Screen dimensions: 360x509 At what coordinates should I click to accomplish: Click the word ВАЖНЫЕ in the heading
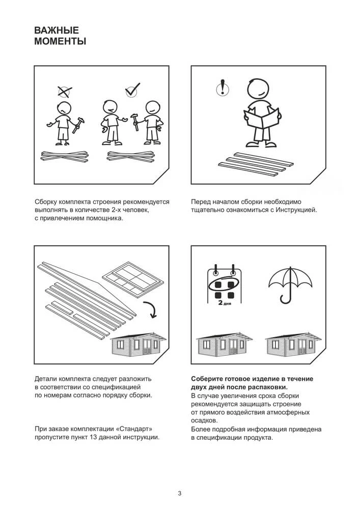click(57, 30)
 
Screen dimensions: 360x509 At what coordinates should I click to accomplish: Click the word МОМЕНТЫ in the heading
click(60, 42)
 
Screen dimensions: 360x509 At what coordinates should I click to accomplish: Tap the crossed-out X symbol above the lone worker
click(65, 92)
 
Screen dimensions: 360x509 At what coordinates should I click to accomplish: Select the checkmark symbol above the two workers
click(132, 90)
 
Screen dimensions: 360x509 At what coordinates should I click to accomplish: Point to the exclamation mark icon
click(223, 88)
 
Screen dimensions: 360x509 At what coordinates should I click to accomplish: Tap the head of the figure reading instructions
click(258, 88)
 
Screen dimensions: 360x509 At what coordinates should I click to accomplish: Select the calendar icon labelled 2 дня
click(225, 286)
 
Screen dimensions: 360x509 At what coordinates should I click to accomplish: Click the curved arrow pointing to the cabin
click(151, 309)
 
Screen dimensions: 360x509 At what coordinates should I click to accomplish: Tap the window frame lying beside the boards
click(131, 278)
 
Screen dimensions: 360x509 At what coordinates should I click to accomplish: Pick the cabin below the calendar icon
click(225, 343)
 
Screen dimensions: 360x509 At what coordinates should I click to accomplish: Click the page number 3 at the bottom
click(180, 493)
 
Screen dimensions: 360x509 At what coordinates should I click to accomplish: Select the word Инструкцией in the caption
click(296, 210)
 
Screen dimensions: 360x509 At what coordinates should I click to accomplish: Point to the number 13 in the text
click(94, 437)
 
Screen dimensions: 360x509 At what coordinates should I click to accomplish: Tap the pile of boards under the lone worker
click(65, 156)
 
